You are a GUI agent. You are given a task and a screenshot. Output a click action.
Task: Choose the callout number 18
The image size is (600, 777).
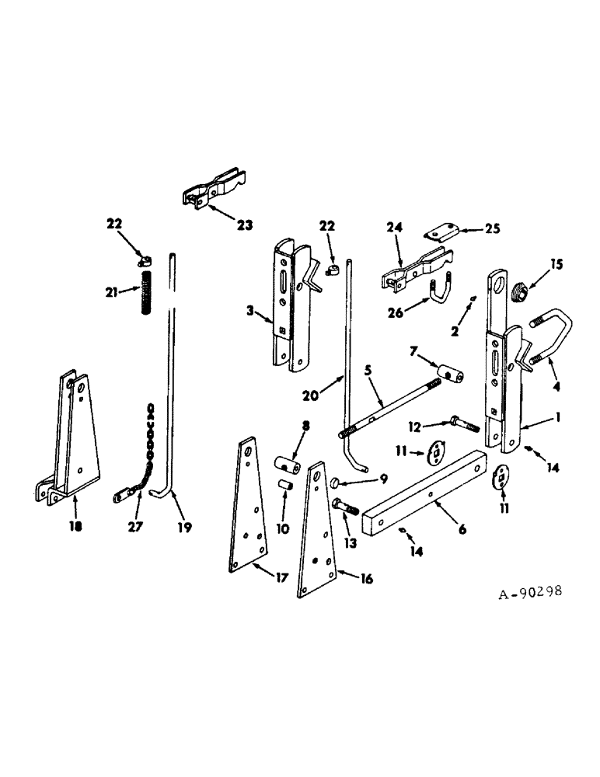click(x=75, y=525)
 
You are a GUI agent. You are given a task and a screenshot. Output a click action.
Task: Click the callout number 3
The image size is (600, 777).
click(x=251, y=312)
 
